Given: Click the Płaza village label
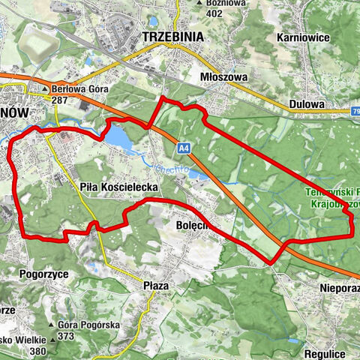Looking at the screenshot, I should [x=156, y=285].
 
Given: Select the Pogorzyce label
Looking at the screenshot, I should [x=44, y=274].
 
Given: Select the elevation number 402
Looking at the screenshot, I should [x=214, y=13].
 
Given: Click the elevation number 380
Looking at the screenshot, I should [x=38, y=351].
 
